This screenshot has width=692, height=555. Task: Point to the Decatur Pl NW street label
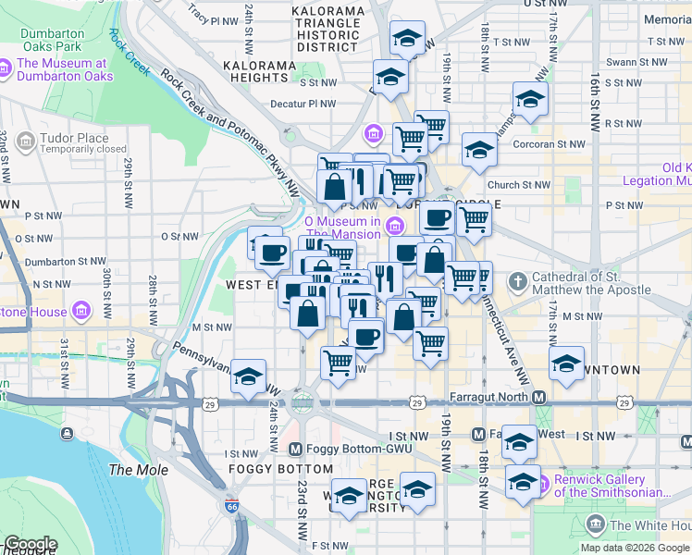[x=303, y=105]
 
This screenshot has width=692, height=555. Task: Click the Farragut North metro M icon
[x=538, y=397]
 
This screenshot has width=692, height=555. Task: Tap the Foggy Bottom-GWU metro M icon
[x=295, y=450]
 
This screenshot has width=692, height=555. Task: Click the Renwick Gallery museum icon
[x=541, y=482]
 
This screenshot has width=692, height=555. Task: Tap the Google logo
[x=31, y=544]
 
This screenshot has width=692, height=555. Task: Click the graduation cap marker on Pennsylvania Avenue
[x=248, y=376]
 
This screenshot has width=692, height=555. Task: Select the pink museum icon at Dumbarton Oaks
[x=6, y=68]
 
